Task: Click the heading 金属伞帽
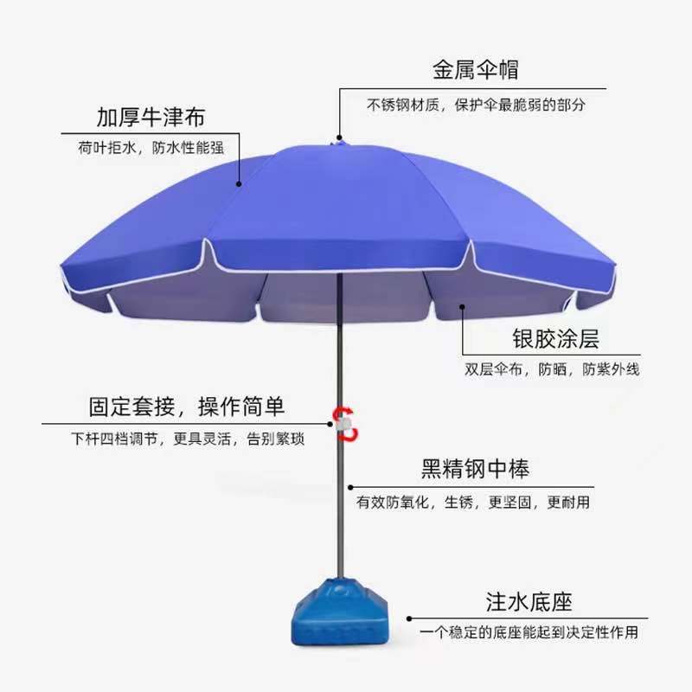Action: [476, 70]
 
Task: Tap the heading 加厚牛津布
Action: [151, 117]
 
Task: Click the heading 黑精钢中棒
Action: [475, 470]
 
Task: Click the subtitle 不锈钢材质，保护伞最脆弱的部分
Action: [476, 106]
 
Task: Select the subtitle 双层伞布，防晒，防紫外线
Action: [552, 369]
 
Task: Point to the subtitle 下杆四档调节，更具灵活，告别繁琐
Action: [188, 439]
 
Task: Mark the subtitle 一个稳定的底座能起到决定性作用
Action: [529, 633]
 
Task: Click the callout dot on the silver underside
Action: [463, 304]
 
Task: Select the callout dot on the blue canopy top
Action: [240, 182]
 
